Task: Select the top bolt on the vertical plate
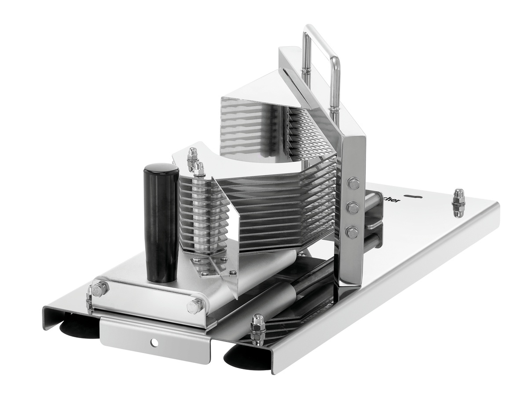coord(353,183)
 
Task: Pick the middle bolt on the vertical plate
coord(352,208)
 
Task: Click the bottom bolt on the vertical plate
coord(352,232)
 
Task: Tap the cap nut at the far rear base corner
coord(458,203)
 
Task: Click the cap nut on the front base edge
coord(257,329)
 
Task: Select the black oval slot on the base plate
coord(414,197)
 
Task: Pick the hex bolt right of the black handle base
coord(195,305)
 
